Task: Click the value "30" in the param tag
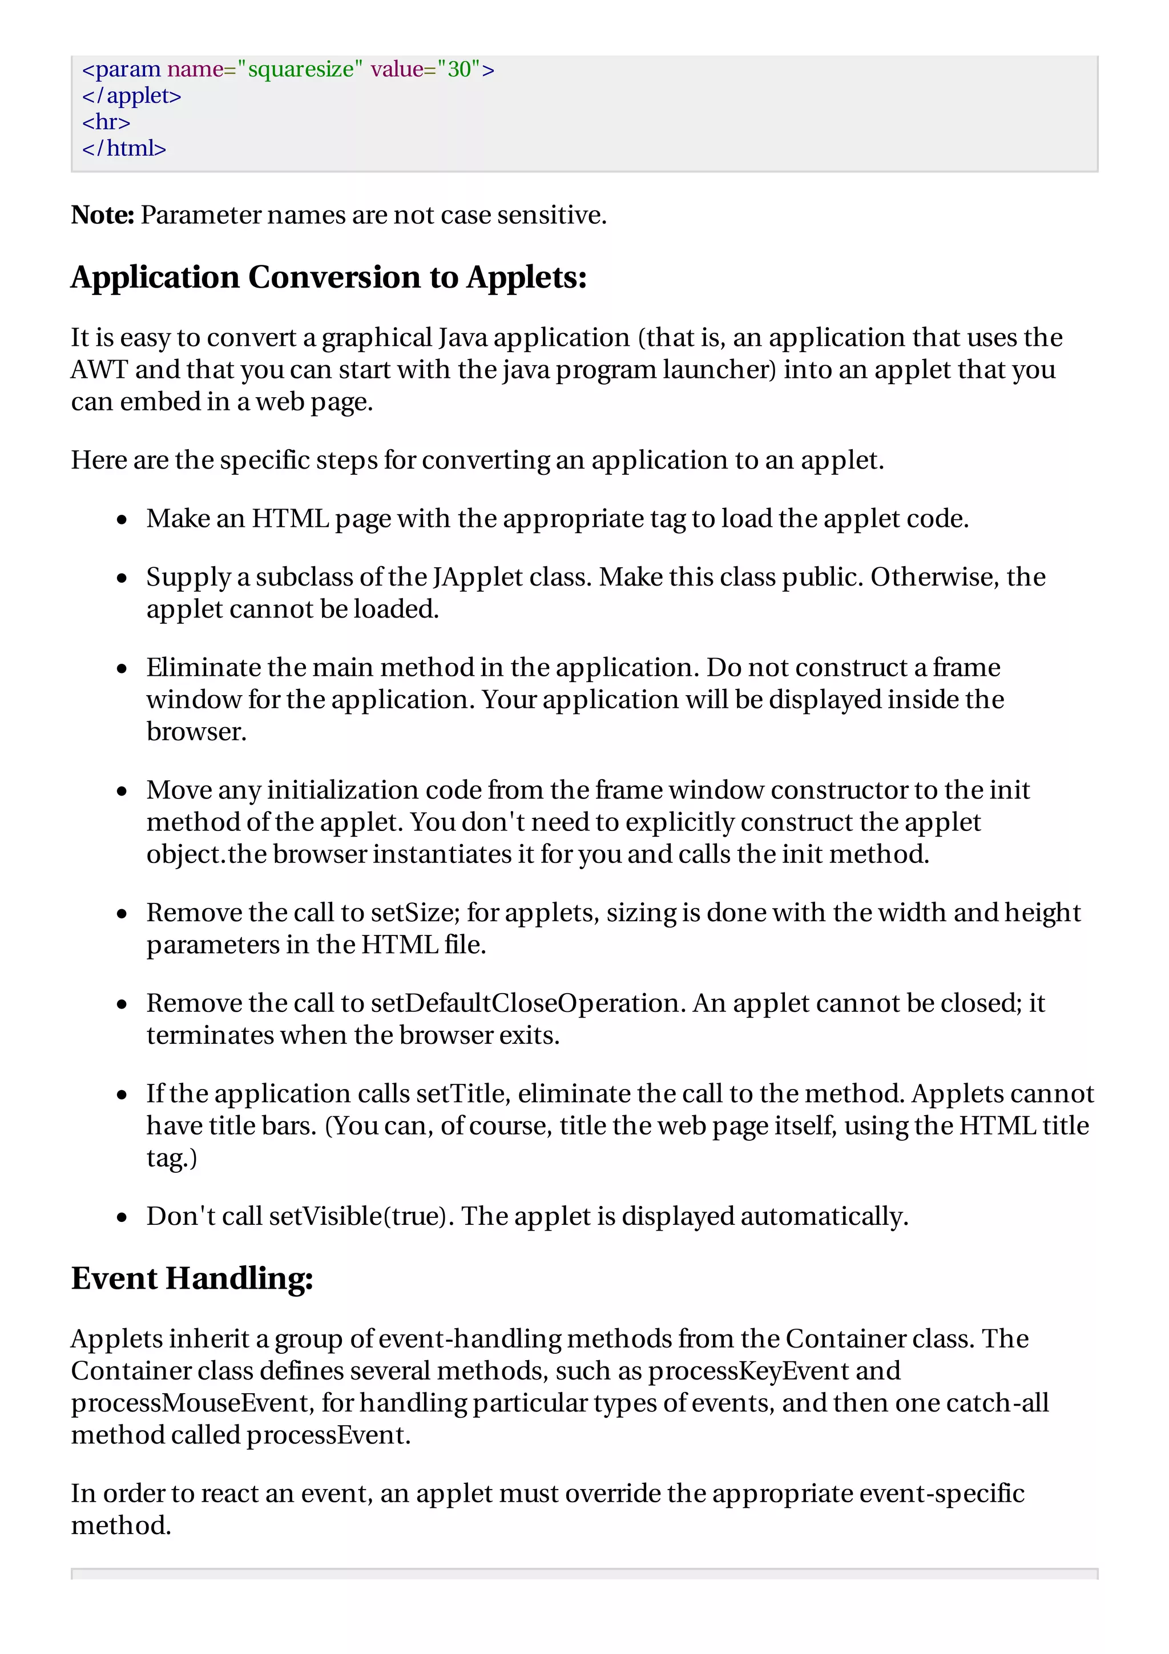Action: pyautogui.click(x=458, y=69)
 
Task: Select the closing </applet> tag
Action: pyautogui.click(x=132, y=96)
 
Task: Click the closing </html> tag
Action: pyautogui.click(x=124, y=148)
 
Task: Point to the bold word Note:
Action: pyautogui.click(x=102, y=215)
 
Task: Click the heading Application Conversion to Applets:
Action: pyautogui.click(x=328, y=277)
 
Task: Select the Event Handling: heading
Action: pyautogui.click(x=192, y=1278)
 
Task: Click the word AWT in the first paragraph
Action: pyautogui.click(x=99, y=370)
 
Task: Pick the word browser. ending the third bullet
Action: pyautogui.click(x=196, y=732)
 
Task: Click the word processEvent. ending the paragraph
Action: pyautogui.click(x=328, y=1435)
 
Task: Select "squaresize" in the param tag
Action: pyautogui.click(x=300, y=69)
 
